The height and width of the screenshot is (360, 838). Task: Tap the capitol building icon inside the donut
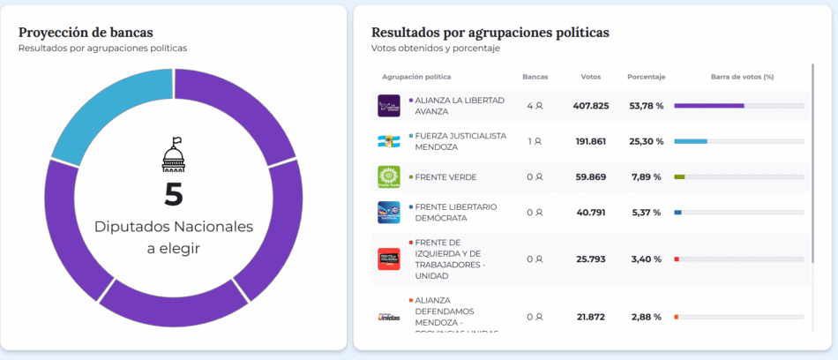pyautogui.click(x=174, y=155)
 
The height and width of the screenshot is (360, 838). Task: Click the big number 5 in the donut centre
pyautogui.click(x=174, y=194)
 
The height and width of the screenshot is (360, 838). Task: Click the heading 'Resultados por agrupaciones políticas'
pyautogui.click(x=490, y=32)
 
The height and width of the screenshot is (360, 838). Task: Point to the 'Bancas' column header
pyautogui.click(x=535, y=77)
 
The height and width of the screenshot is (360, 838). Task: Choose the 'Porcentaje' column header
pyautogui.click(x=646, y=77)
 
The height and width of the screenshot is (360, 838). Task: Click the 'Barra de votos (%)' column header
pyautogui.click(x=741, y=77)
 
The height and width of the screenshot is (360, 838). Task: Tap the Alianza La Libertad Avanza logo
pyautogui.click(x=389, y=106)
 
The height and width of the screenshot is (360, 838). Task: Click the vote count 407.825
pyautogui.click(x=590, y=106)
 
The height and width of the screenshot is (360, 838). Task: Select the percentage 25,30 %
pyautogui.click(x=646, y=141)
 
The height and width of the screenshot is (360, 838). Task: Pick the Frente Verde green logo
pyautogui.click(x=389, y=176)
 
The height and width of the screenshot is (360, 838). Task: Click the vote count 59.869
pyautogui.click(x=590, y=176)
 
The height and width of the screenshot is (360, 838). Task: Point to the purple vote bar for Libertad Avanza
pyautogui.click(x=709, y=106)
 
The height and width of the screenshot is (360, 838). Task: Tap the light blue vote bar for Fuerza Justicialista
pyautogui.click(x=691, y=141)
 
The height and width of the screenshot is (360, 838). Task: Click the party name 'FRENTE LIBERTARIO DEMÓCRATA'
pyautogui.click(x=456, y=212)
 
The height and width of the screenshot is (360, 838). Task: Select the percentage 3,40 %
pyautogui.click(x=646, y=259)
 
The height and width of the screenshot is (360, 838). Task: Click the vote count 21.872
pyautogui.click(x=590, y=317)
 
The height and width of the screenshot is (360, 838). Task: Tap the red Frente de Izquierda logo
pyautogui.click(x=389, y=259)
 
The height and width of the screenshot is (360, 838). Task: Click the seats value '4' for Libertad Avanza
pyautogui.click(x=531, y=106)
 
